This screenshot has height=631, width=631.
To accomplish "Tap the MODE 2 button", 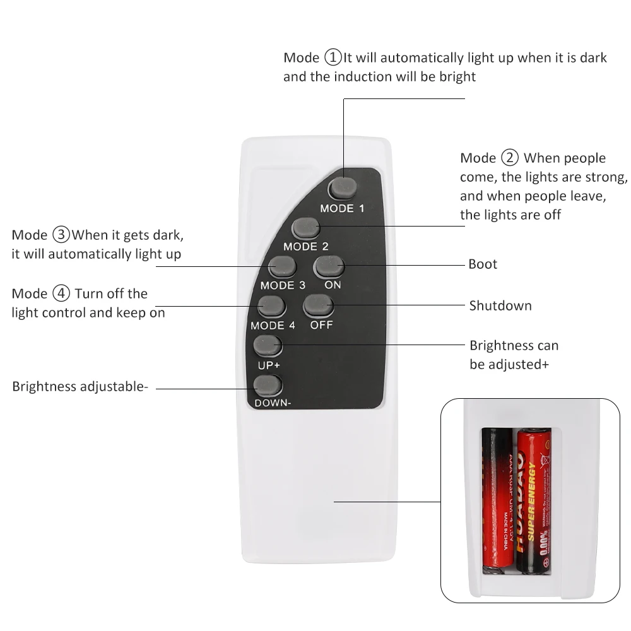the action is (x=305, y=228).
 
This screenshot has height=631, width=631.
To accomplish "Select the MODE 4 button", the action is (x=271, y=306).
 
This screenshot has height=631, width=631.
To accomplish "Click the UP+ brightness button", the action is (x=268, y=346).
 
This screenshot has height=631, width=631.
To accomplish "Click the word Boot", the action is (x=483, y=264).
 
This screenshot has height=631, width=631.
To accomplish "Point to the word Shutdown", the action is (x=500, y=305).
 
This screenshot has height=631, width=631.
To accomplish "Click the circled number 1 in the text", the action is (x=333, y=57).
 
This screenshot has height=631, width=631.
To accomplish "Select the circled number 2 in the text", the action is (x=510, y=158).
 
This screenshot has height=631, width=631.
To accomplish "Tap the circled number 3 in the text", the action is (x=61, y=235).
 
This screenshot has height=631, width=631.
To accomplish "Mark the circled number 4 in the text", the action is (x=61, y=293).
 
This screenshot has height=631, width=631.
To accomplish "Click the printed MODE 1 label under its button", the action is (x=342, y=208).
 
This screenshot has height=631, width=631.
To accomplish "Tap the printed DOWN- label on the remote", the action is (x=273, y=403).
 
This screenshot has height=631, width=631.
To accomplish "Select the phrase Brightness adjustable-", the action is (x=80, y=387).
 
